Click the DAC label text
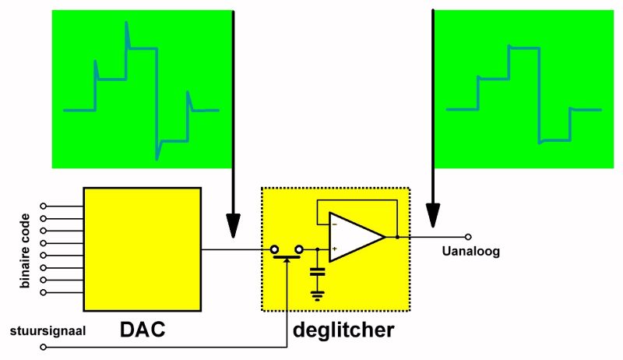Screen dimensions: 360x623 [x=143, y=330]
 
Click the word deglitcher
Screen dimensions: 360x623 [x=343, y=330]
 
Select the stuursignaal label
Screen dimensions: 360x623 [x=48, y=330]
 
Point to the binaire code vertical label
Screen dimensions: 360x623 [x=26, y=250]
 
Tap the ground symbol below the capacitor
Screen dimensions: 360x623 [x=317, y=295]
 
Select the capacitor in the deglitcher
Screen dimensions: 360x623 [x=317, y=272]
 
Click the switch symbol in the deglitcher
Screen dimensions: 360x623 [x=287, y=252]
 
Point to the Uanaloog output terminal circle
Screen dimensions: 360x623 [x=468, y=236]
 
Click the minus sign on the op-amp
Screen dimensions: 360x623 [x=335, y=224]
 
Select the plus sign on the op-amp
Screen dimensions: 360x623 [x=335, y=249]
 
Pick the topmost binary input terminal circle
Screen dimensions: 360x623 [x=44, y=206]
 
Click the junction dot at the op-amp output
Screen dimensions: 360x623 [x=397, y=236]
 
